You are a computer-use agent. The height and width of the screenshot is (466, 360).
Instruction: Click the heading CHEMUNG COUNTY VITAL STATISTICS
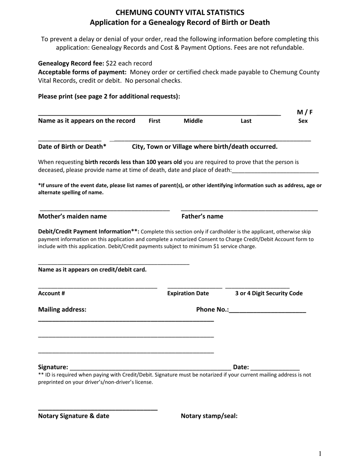pyautogui.click(x=180, y=13)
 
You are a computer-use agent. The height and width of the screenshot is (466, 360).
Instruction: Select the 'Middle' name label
pyautogui.click(x=193, y=121)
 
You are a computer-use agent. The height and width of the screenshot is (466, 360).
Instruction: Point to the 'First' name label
pyautogui.click(x=154, y=121)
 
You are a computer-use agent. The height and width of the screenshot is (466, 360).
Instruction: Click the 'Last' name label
pyautogui.click(x=246, y=121)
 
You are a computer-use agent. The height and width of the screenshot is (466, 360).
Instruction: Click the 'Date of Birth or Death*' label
pyautogui.click(x=72, y=147)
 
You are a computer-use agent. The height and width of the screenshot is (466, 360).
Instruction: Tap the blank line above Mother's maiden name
pyautogui.click(x=105, y=210)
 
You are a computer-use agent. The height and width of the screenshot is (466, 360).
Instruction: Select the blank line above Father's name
pyautogui.click(x=249, y=210)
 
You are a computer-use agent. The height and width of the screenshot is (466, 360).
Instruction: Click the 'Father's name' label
pyautogui.click(x=202, y=216)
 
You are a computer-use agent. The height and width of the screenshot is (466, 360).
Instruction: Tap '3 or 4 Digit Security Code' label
pyautogui.click(x=269, y=293)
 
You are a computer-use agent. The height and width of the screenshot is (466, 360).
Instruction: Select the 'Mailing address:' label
pyautogui.click(x=62, y=310)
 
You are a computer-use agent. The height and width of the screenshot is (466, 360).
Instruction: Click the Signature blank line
pyautogui.click(x=150, y=368)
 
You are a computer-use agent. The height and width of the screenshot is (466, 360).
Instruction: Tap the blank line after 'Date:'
pyautogui.click(x=275, y=368)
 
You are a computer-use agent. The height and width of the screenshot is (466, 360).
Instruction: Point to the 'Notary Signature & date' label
pyautogui.click(x=74, y=416)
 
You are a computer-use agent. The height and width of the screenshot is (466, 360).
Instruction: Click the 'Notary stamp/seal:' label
pyautogui.click(x=209, y=416)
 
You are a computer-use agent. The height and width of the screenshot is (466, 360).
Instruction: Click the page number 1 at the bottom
pyautogui.click(x=320, y=453)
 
